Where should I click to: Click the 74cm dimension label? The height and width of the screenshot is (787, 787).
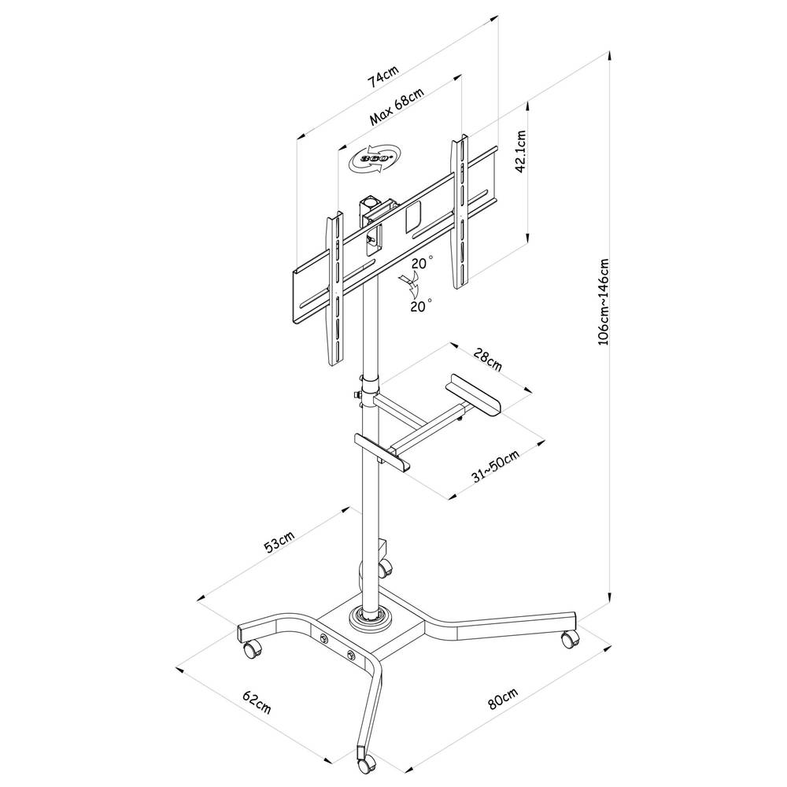[x=384, y=78]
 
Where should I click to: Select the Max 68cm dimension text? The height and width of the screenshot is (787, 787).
[x=397, y=108]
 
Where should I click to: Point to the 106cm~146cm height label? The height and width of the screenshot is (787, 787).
[x=604, y=302]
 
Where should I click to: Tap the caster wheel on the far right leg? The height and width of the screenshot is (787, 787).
[x=568, y=639]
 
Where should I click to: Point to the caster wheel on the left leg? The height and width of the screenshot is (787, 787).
[x=252, y=648]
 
